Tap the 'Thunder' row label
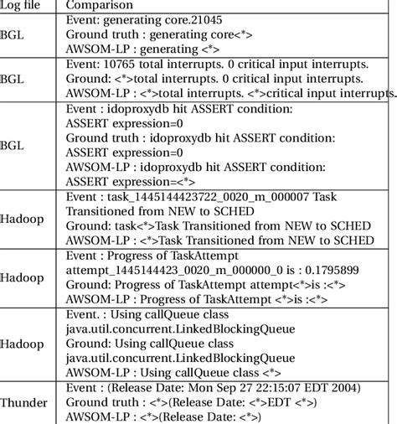tap(24, 402)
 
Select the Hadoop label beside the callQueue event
tap(23, 344)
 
